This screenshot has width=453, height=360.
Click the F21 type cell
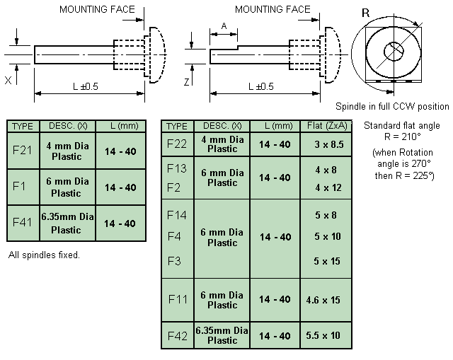pyautogui.click(x=23, y=151)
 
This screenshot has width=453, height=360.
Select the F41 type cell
pyautogui.click(x=23, y=223)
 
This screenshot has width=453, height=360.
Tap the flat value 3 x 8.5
pyautogui.click(x=329, y=144)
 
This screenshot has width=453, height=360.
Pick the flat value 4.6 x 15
pyautogui.click(x=323, y=300)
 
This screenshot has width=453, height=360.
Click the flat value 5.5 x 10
pyautogui.click(x=323, y=335)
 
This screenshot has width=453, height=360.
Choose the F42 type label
pyautogui.click(x=178, y=336)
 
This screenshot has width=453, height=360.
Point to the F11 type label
pyautogui.click(x=178, y=299)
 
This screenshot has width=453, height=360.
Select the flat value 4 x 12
pyautogui.click(x=328, y=187)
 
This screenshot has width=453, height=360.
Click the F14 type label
pyautogui.click(x=177, y=215)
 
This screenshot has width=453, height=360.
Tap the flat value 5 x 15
pyautogui.click(x=327, y=261)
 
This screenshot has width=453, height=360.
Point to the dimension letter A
pyautogui.click(x=224, y=26)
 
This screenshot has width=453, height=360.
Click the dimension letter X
pyautogui.click(x=8, y=80)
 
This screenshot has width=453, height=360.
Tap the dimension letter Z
pyautogui.click(x=187, y=82)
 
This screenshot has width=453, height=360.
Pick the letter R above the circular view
pyautogui.click(x=365, y=13)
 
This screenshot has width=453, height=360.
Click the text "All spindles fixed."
pyautogui.click(x=44, y=255)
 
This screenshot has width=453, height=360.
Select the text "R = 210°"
pyautogui.click(x=402, y=137)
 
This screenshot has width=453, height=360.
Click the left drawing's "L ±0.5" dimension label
pyautogui.click(x=86, y=86)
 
